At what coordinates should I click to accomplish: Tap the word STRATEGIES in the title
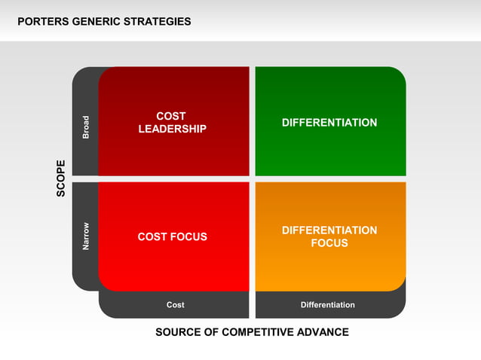point(160,22)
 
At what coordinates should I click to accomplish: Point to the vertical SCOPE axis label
point(61,178)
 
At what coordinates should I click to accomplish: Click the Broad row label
point(86,127)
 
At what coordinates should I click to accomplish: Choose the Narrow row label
point(86,236)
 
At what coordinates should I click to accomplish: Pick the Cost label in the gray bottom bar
point(175,305)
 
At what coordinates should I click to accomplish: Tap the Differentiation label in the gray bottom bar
point(327,305)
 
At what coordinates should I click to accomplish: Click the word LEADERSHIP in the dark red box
point(172,130)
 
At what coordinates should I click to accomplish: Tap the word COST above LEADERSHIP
point(171,117)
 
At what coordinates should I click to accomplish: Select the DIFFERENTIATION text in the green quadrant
point(329,123)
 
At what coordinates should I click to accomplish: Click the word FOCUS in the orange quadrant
point(329,243)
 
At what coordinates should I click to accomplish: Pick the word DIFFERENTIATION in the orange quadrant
point(329,230)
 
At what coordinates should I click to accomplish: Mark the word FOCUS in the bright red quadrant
point(189,237)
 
